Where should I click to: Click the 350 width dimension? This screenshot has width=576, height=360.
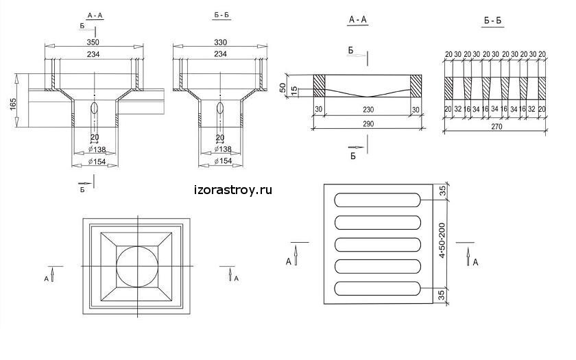93,42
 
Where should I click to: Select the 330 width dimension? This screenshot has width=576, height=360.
220,42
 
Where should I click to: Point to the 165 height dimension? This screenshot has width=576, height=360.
14,104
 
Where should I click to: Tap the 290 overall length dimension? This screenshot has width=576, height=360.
368,124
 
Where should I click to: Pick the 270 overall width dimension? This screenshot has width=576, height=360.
496,126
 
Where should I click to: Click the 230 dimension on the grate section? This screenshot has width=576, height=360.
368,110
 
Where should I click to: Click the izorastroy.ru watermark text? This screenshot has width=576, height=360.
233,191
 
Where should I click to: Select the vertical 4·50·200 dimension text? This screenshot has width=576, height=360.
442,240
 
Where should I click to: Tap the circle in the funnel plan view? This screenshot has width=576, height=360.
137,266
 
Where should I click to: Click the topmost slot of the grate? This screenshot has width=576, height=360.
378,200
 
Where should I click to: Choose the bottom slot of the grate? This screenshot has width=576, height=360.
378,289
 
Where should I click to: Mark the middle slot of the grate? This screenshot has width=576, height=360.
378,245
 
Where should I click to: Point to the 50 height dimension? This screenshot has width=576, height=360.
283,88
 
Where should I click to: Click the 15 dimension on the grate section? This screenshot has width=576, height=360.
293,91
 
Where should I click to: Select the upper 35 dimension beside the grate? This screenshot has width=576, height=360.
443,191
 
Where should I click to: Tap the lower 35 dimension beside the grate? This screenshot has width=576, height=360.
442,295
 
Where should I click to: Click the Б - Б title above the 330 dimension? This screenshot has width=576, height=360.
221,15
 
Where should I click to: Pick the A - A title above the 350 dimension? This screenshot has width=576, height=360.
95,15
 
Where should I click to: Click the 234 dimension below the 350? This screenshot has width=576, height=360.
93,54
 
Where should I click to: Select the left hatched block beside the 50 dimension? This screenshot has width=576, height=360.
319,86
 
